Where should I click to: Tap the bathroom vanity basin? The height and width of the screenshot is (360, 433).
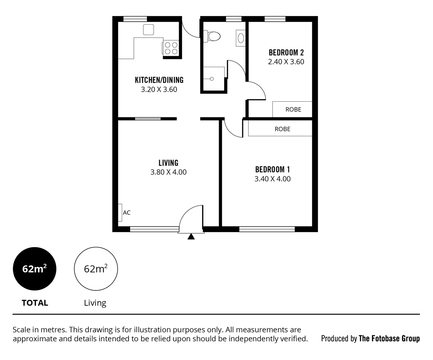(x=241, y=38)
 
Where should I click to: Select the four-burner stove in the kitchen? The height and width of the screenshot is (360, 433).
(x=171, y=48)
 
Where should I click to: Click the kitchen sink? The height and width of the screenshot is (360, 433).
(x=148, y=30)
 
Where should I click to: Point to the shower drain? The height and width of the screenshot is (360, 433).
(x=211, y=79)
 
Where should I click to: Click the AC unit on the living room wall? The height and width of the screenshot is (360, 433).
(x=120, y=212)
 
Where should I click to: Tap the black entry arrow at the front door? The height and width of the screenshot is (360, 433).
(x=191, y=237)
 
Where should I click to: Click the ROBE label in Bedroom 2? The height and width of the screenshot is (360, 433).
(x=293, y=109)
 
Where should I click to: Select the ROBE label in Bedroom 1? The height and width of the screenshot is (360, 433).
(x=282, y=129)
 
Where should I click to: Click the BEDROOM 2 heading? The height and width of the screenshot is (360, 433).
(x=286, y=52)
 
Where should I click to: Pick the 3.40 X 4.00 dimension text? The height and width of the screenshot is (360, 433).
(x=272, y=179)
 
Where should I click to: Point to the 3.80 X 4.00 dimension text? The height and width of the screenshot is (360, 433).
(x=168, y=172)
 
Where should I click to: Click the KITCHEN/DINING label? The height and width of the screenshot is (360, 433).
(x=159, y=80)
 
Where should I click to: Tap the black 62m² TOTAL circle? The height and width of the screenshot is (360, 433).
(x=34, y=269)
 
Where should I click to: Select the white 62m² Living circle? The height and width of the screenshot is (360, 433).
(x=96, y=269)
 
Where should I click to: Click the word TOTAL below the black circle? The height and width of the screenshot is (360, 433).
(x=35, y=303)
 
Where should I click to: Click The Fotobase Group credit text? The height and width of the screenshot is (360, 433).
(x=389, y=339)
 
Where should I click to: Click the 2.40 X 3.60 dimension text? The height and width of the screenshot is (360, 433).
(x=286, y=62)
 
